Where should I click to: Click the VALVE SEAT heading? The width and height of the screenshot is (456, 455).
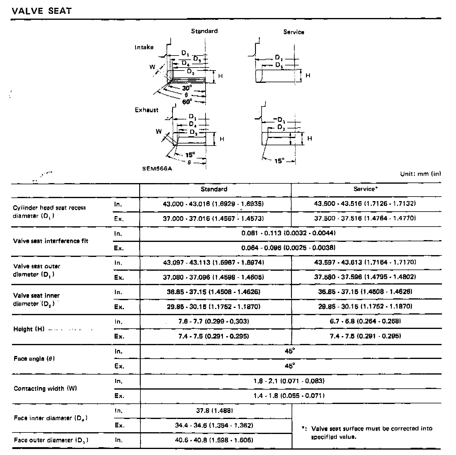pyautogui.click(x=42, y=11)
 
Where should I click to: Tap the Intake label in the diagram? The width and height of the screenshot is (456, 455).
pyautogui.click(x=144, y=47)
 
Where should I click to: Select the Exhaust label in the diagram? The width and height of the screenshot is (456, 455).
pyautogui.click(x=146, y=110)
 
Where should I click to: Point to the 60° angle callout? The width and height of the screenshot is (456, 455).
pyautogui.click(x=187, y=102)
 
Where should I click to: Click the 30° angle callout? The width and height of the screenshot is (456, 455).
pyautogui.click(x=187, y=88)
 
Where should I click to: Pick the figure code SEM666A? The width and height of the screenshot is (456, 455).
pyautogui.click(x=157, y=169)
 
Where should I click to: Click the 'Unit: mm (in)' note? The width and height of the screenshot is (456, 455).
pyautogui.click(x=421, y=174)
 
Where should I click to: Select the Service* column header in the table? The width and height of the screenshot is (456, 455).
pyautogui.click(x=365, y=189)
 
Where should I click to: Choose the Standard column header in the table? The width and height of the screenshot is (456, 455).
pyautogui.click(x=214, y=189)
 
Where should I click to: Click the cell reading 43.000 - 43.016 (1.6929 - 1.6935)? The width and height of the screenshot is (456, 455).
pyautogui.click(x=213, y=204)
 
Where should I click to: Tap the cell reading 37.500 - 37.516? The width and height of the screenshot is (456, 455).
pyautogui.click(x=365, y=218)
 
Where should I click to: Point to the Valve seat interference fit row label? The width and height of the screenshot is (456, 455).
pyautogui.click(x=51, y=241)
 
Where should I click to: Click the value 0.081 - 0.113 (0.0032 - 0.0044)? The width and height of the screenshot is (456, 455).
pyautogui.click(x=288, y=233)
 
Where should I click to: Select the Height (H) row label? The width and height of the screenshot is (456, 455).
pyautogui.click(x=29, y=329)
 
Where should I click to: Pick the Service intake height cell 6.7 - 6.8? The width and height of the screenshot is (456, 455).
pyautogui.click(x=365, y=321)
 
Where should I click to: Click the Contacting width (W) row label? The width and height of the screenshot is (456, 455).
pyautogui.click(x=45, y=388)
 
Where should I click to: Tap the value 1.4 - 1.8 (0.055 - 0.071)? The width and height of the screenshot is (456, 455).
pyautogui.click(x=289, y=396)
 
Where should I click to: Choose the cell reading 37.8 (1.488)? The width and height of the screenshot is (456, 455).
pyautogui.click(x=214, y=411)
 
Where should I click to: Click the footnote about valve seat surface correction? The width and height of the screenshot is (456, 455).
pyautogui.click(x=369, y=432)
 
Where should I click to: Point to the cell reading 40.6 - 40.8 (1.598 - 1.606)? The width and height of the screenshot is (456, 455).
pyautogui.click(x=214, y=440)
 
